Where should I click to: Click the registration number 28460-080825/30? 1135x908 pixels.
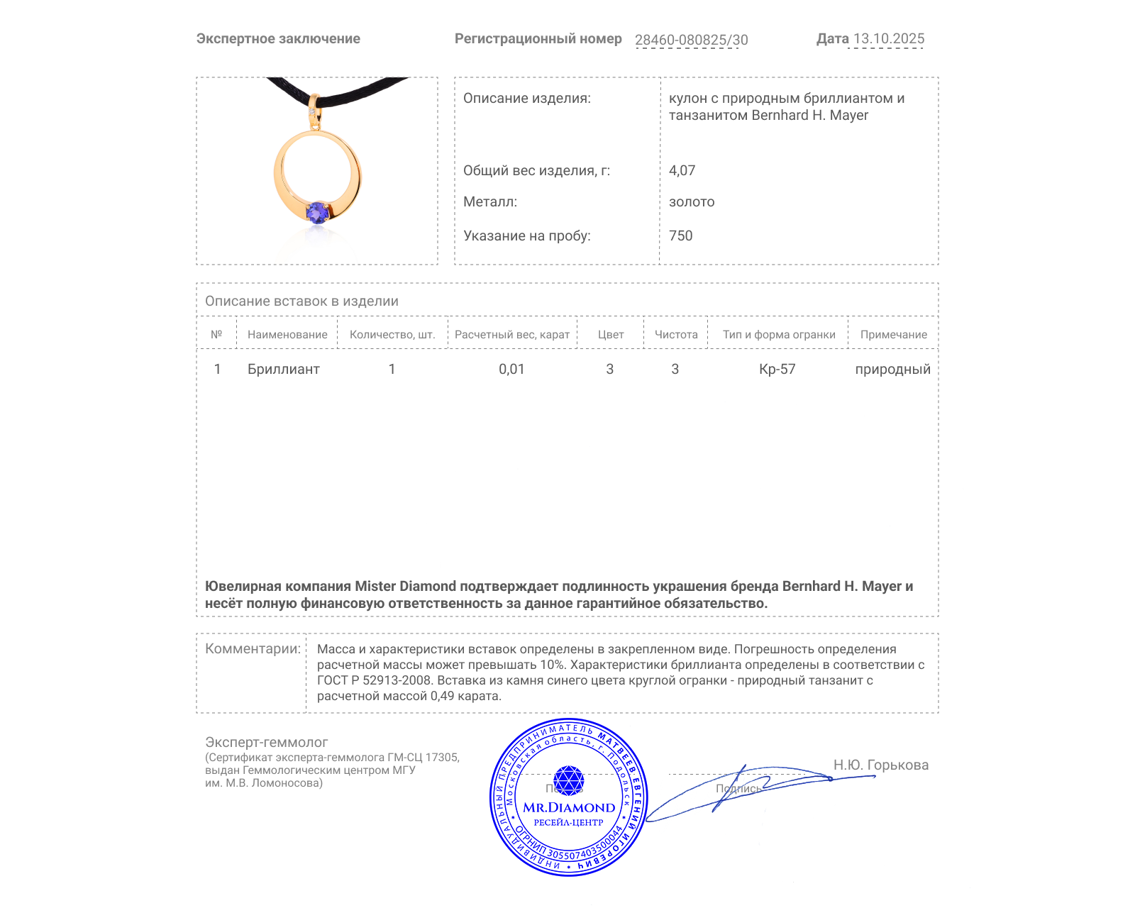point(691,40)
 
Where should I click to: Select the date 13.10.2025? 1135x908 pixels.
point(888,39)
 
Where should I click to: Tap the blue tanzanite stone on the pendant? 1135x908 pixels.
point(317,211)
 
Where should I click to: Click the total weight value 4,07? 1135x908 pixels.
point(682,170)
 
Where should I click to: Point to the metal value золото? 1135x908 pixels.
point(691,201)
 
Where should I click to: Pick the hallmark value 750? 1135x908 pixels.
point(680,236)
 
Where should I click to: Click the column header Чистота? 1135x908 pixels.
point(675,335)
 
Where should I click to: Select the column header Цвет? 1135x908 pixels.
point(610,335)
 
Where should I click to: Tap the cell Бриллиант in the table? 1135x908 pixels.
point(283,369)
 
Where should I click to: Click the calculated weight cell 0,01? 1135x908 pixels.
point(511,369)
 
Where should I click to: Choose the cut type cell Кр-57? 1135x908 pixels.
point(777,369)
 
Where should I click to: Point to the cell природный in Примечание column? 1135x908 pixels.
point(892,369)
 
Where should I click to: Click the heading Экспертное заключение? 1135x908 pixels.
point(278,39)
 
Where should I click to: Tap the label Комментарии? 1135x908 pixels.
point(253,648)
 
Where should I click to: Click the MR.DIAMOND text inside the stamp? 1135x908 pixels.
point(569,807)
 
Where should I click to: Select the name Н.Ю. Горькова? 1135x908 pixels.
point(880,765)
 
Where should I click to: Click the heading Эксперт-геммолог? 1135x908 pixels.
point(266,742)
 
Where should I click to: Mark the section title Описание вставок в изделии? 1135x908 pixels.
point(301,301)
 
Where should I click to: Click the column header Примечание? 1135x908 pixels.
point(893,335)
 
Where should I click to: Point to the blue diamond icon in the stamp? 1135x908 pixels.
point(568,780)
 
